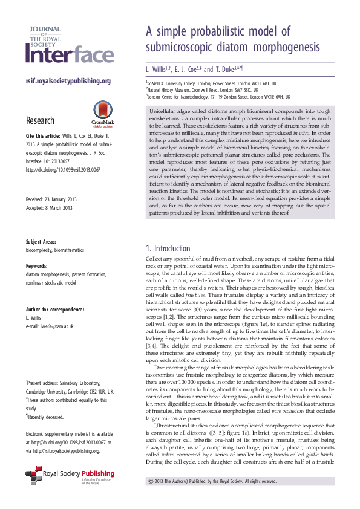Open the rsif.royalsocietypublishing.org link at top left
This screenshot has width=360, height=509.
coord(68,81)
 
